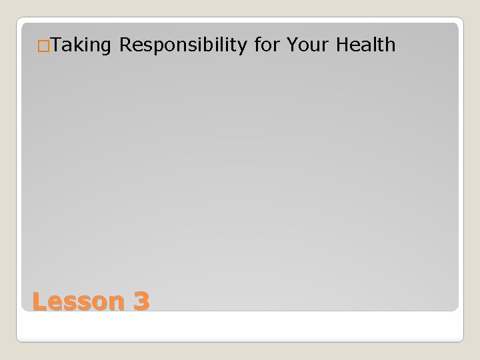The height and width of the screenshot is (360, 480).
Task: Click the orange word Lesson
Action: click(x=77, y=301)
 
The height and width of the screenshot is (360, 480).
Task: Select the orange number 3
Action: click(x=141, y=301)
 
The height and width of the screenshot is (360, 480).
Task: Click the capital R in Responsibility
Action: click(x=125, y=45)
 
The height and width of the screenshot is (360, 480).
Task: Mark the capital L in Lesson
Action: click(x=39, y=301)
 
